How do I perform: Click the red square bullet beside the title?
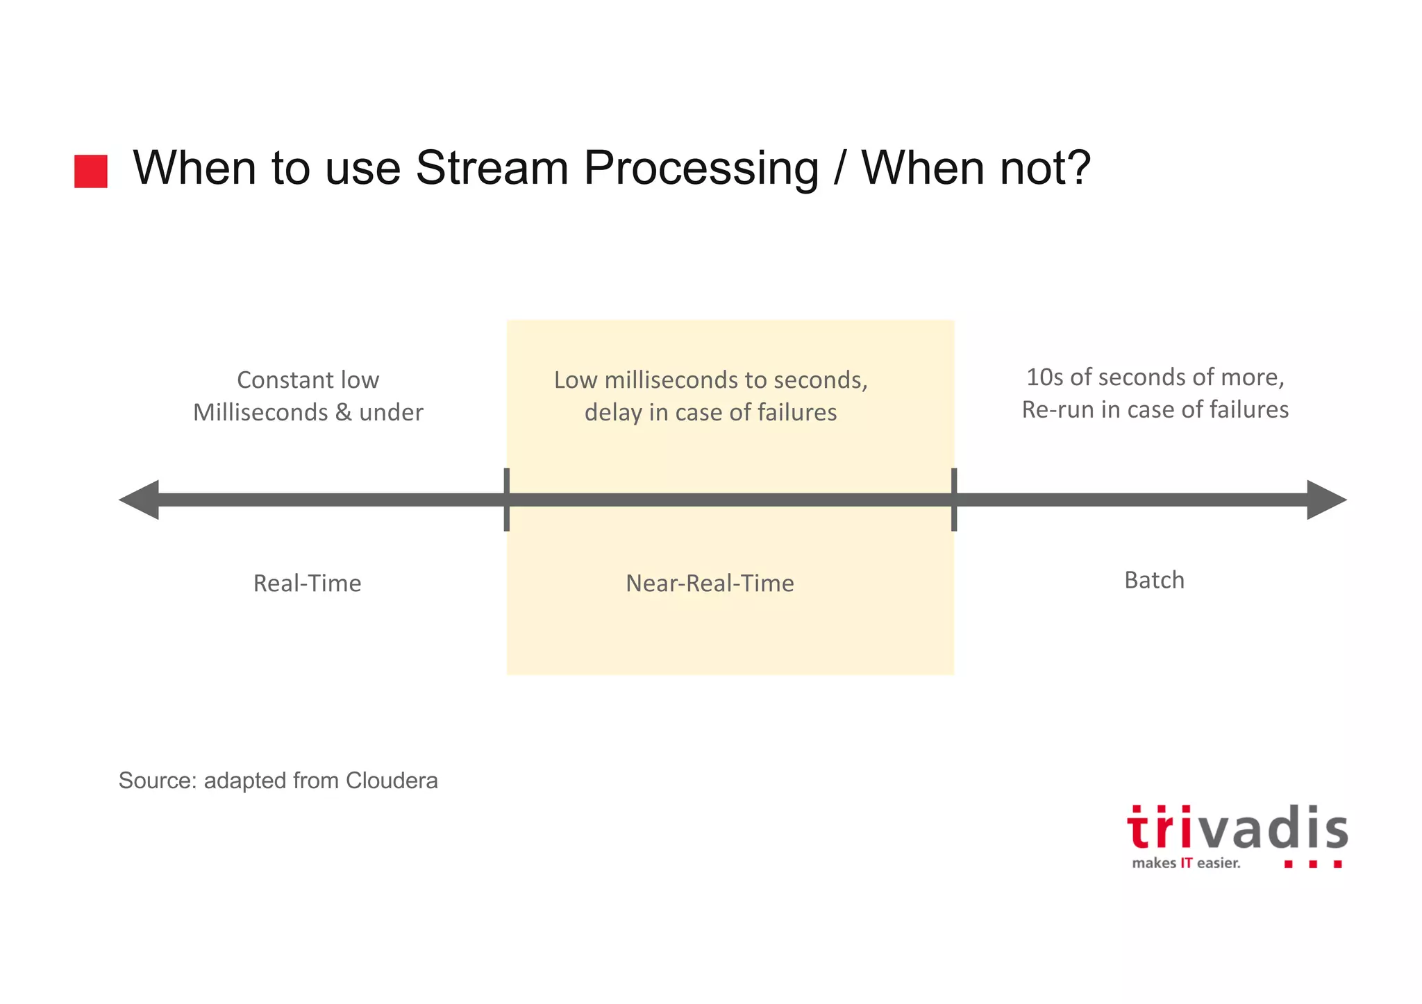point(91,171)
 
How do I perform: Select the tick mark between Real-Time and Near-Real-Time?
point(507,500)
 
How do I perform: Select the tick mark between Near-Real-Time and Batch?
point(954,500)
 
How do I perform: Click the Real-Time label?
point(307,583)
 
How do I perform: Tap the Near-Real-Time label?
point(710,583)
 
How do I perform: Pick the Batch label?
point(1154,580)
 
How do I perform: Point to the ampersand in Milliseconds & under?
point(343,412)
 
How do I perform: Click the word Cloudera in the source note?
point(392,781)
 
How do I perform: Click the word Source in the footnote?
point(157,781)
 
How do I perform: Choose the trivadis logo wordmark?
point(1237,829)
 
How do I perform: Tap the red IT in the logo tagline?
point(1187,863)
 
